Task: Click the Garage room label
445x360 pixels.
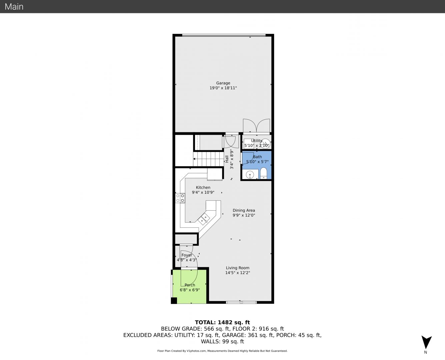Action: pyautogui.click(x=223, y=83)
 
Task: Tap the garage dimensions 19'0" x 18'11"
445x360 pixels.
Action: pyautogui.click(x=223, y=88)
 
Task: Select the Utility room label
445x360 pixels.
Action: pyautogui.click(x=257, y=141)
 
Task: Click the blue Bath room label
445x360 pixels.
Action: pyautogui.click(x=257, y=157)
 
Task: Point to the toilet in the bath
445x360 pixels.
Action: pyautogui.click(x=263, y=173)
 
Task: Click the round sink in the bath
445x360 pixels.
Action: pyautogui.click(x=250, y=174)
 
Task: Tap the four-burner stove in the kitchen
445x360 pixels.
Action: pyautogui.click(x=180, y=198)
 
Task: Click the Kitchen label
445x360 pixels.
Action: pyautogui.click(x=203, y=187)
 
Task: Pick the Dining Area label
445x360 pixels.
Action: pyautogui.click(x=244, y=210)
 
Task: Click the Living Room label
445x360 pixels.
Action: pyautogui.click(x=238, y=268)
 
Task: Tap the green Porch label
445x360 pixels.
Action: pyautogui.click(x=190, y=285)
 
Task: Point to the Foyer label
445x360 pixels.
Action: pyautogui.click(x=187, y=255)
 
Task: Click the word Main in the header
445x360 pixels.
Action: pyautogui.click(x=14, y=7)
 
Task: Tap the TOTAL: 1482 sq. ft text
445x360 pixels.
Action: pyautogui.click(x=222, y=322)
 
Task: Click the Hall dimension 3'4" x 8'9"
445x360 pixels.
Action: pyautogui.click(x=231, y=159)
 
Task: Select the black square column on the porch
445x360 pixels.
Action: pyautogui.click(x=174, y=300)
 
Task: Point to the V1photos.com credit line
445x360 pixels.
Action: pyautogui.click(x=222, y=351)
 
